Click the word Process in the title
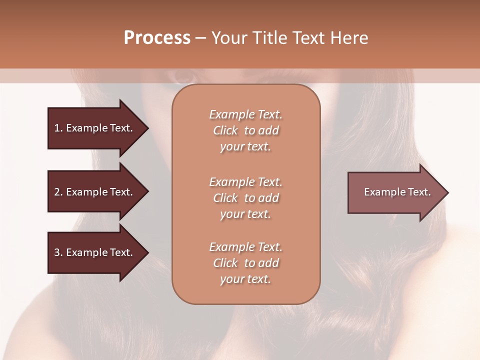[x=157, y=38]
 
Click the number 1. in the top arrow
[x=58, y=128]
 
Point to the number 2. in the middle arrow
[x=58, y=192]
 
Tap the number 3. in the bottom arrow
[x=58, y=252]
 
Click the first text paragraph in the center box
[x=245, y=130]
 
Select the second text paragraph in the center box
[x=245, y=198]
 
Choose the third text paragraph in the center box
[x=245, y=263]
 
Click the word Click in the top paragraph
[x=225, y=130]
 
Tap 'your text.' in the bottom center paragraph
[x=245, y=279]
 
